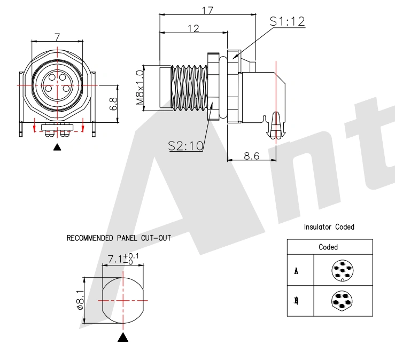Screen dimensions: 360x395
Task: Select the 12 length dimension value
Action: tap(192, 28)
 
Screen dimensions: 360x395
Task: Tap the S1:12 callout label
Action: tap(286, 21)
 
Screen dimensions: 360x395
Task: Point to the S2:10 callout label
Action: tap(185, 145)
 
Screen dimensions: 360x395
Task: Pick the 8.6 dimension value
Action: tap(251, 155)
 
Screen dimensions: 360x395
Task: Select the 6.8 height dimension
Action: tap(113, 104)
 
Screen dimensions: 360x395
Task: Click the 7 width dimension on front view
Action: tap(57, 36)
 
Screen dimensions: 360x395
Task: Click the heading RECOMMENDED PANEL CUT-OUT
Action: tap(119, 238)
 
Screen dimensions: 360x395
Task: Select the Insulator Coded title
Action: tap(329, 227)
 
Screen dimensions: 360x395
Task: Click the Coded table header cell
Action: tap(328, 247)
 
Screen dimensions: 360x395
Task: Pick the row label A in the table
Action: tap(296, 271)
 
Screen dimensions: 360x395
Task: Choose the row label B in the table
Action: tap(296, 301)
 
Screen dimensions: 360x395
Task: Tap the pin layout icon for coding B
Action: tap(342, 301)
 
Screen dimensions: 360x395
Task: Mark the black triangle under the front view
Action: tap(58, 146)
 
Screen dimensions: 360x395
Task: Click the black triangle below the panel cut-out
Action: tap(123, 337)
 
